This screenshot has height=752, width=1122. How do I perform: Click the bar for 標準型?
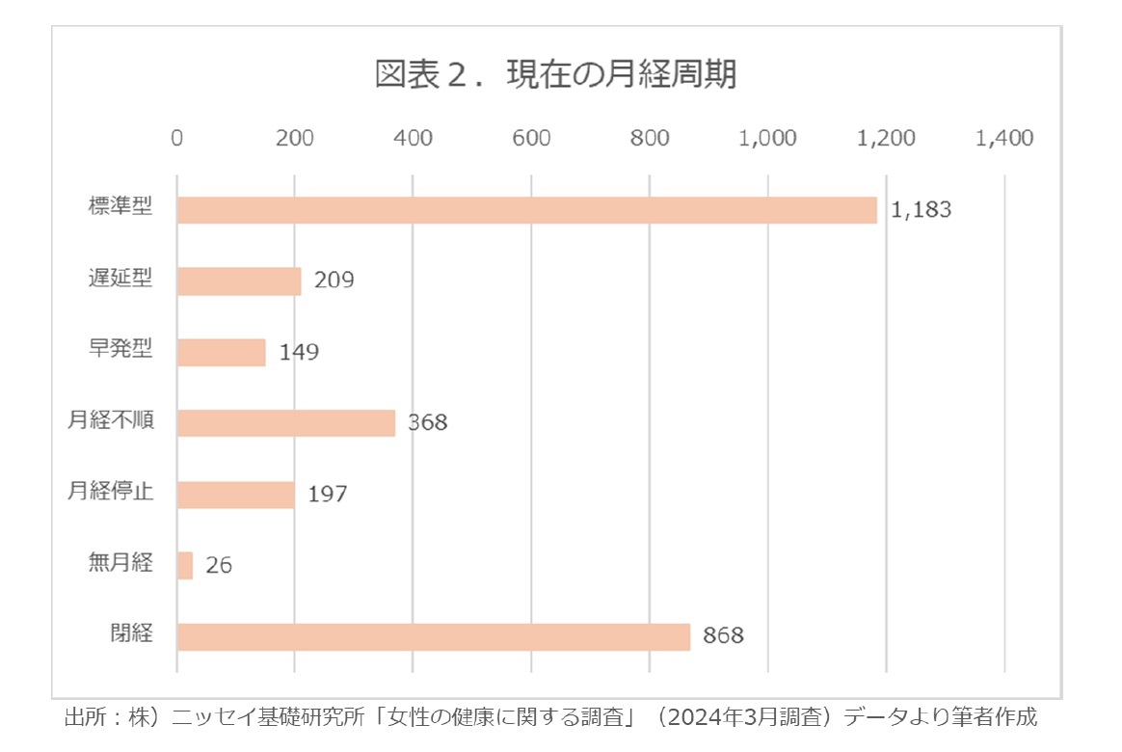[x=526, y=210]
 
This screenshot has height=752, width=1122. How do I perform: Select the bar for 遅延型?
[x=239, y=281]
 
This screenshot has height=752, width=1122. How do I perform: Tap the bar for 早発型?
[x=221, y=352]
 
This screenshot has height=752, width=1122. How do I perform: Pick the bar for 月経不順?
[x=286, y=423]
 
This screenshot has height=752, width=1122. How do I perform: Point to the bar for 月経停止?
[x=235, y=495]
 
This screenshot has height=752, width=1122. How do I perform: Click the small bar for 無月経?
[x=185, y=565]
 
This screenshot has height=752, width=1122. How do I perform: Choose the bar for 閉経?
[x=434, y=636]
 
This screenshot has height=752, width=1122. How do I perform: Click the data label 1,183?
[x=921, y=210]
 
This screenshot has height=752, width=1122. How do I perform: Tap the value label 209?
[x=334, y=281]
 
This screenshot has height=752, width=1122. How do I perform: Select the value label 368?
[x=427, y=423]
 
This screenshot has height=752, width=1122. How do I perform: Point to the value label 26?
[x=219, y=566]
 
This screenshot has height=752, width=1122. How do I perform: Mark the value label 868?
[x=723, y=636]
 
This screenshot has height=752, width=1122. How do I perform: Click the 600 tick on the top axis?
[x=531, y=139]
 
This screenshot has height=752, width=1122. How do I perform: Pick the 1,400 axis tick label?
[x=1004, y=139]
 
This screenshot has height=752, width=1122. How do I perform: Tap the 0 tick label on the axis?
[x=177, y=139]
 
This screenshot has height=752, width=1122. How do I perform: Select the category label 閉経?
[x=132, y=635]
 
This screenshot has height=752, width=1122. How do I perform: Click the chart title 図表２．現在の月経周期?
[x=556, y=75]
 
